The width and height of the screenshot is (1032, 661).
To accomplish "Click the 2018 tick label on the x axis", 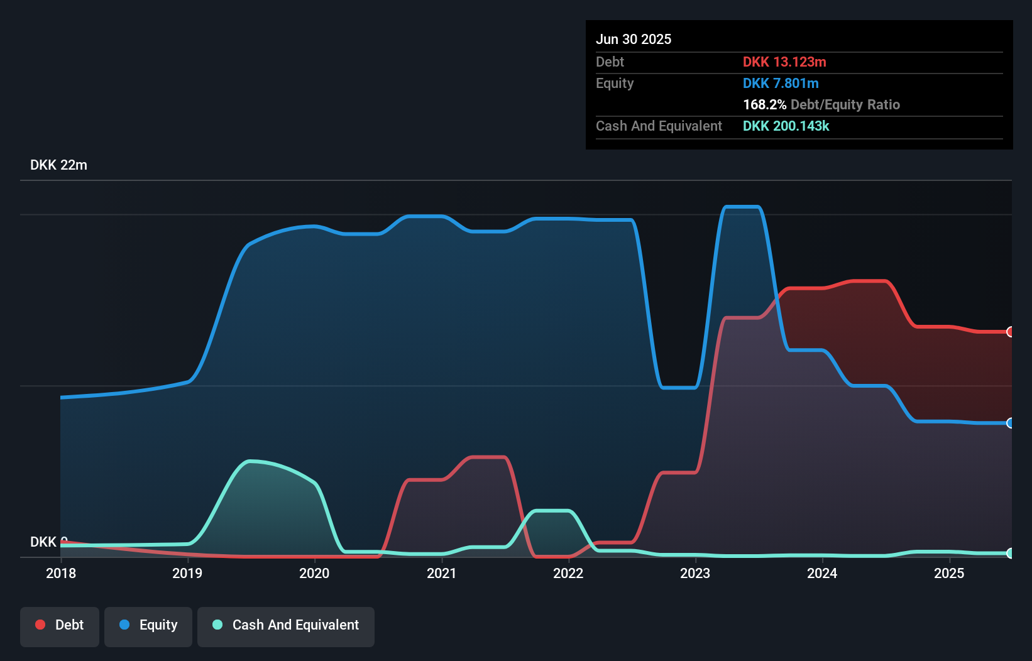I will (61, 573).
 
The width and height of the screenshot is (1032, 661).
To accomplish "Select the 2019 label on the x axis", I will (187, 573).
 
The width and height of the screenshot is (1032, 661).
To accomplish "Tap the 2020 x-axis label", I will (314, 573).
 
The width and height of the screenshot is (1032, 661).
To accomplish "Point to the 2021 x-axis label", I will (441, 573).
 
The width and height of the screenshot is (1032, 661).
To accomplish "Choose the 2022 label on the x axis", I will (568, 573).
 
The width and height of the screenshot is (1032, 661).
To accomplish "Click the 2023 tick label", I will (695, 573).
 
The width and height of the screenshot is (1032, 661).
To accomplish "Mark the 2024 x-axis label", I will (822, 573).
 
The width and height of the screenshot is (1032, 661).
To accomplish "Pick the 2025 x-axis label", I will (949, 573).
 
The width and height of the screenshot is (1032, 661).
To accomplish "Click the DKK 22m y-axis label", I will (58, 165).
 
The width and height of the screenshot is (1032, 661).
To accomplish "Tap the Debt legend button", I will (60, 625).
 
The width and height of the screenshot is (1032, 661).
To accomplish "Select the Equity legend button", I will (148, 625).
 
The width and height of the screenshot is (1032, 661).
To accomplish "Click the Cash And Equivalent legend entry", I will (286, 625).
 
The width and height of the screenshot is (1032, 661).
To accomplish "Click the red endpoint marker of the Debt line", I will (1010, 332).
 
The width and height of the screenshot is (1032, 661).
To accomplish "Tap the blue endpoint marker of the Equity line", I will (1010, 423).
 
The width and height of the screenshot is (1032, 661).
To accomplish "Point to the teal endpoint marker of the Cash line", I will (1010, 553).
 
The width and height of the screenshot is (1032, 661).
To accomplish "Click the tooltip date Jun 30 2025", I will (634, 39).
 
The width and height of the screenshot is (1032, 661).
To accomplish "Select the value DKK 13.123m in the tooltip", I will (784, 62).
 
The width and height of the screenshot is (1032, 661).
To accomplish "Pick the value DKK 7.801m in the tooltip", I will (781, 83).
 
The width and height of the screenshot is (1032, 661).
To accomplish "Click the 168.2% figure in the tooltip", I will (764, 104).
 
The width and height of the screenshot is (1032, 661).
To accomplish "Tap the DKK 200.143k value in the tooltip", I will (786, 126).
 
